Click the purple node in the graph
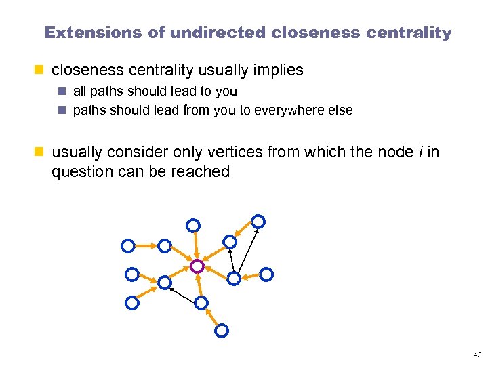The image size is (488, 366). coord(197,266)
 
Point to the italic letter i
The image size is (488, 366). coord(420,152)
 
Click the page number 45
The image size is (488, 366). coord(477,355)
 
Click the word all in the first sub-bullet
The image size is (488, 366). coord(79,91)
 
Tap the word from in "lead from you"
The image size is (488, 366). coord(199,110)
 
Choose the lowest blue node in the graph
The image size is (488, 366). coord(221,331)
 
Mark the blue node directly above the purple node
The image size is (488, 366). coord(193,224)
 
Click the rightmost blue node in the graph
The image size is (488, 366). coord(267,274)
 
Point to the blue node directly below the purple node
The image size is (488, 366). coord(201,304)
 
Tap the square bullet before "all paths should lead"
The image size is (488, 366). coord(60,91)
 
